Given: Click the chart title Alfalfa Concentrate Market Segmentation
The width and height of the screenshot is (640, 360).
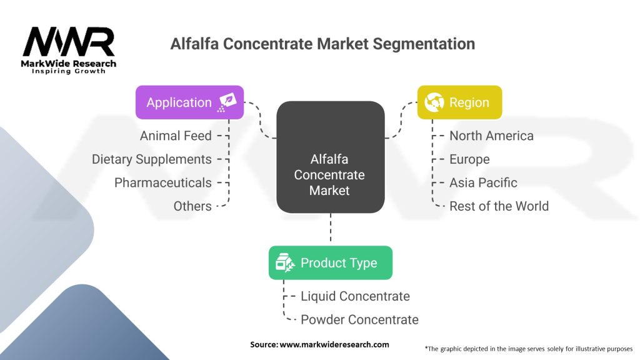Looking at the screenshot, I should coord(322,44).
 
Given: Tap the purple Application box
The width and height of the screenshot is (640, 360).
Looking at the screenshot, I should coord(189,102).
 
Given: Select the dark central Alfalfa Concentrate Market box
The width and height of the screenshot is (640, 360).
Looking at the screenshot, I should coord(329,157).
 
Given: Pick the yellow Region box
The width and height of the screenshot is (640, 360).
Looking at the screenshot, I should coord(459,102).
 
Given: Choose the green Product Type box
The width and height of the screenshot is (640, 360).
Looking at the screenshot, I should coord(330,262).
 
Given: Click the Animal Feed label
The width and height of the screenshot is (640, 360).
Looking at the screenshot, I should coord(176,136).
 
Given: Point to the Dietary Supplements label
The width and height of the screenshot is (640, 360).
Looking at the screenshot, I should coord(152,159).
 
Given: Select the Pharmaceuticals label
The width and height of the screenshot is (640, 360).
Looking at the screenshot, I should coord(163,182).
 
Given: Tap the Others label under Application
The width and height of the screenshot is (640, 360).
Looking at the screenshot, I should coord(192,206).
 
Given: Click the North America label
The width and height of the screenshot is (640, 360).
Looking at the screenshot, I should coord(491,136).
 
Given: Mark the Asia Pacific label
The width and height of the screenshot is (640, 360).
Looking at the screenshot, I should coord(483,182).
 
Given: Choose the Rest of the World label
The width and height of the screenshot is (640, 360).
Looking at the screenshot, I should coord(499,206).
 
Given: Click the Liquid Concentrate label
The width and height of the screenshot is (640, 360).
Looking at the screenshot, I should coord(355,296).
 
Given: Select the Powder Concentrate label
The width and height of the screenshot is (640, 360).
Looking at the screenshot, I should coord(359,319).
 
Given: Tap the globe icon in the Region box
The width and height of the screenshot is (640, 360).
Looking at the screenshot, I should coord(434,102).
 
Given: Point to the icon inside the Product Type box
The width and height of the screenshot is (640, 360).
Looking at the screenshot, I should coord(286,262).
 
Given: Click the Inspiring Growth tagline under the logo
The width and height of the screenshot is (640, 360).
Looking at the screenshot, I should coord(69,71).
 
